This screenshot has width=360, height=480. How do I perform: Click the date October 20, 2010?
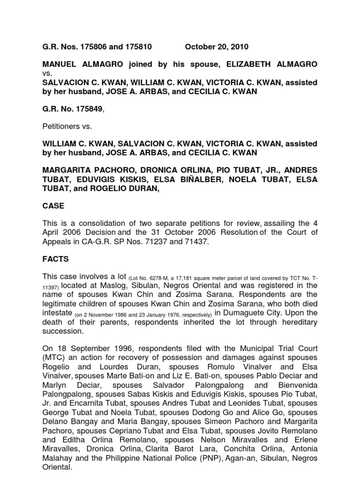point(217,47)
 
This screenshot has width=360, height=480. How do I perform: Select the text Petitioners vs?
point(67,126)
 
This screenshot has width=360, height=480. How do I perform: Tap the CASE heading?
point(53,206)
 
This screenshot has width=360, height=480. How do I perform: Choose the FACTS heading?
point(56,259)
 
